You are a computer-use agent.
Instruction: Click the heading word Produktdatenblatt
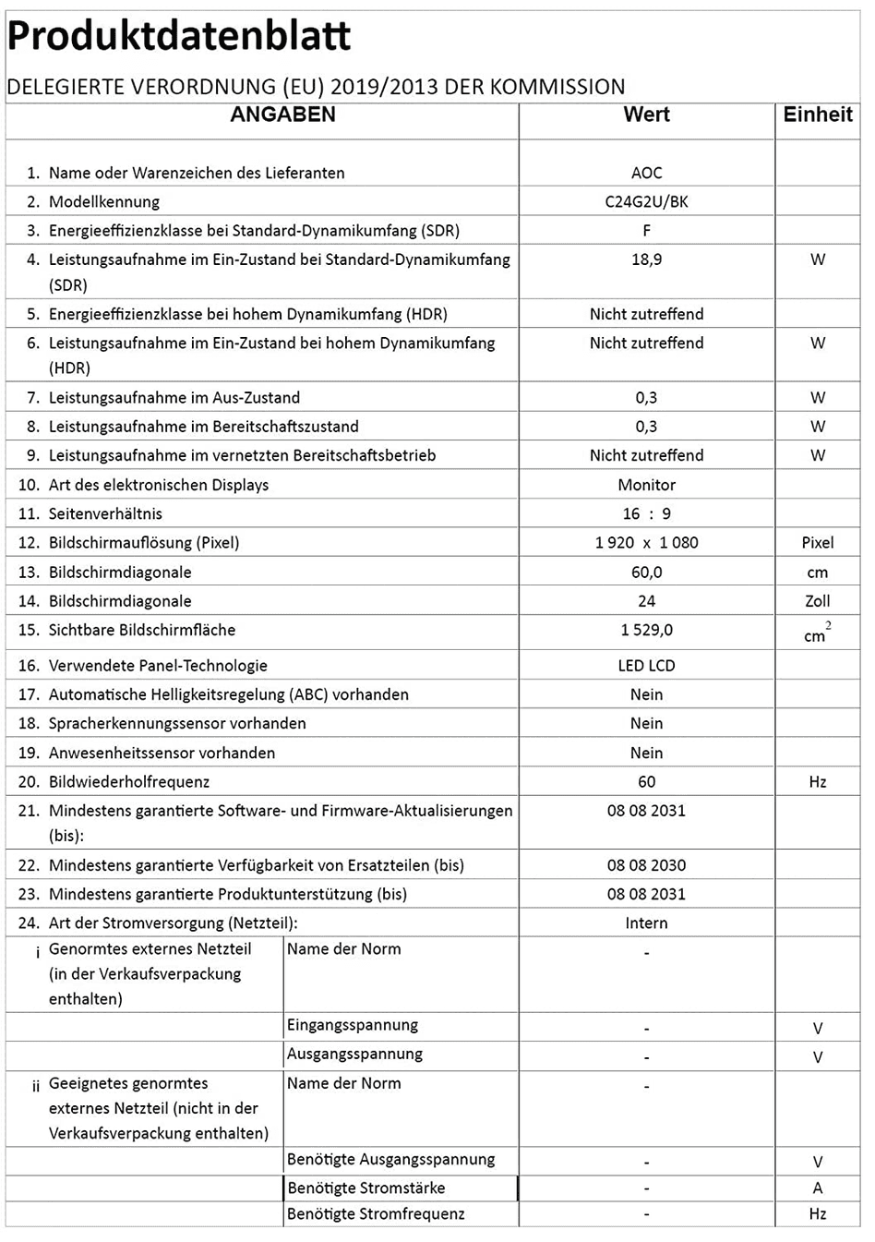point(179,37)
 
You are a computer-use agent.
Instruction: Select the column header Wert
point(646,115)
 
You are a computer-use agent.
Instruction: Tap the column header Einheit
point(818,115)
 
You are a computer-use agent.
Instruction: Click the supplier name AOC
point(646,173)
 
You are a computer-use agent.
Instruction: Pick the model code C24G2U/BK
point(646,201)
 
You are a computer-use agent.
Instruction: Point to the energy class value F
point(646,231)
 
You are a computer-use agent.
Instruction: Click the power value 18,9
point(646,259)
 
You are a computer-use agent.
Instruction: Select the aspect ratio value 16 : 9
point(646,513)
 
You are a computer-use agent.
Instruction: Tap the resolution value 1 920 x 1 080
point(646,543)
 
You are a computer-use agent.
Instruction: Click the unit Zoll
point(818,601)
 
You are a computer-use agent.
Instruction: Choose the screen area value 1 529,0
point(646,630)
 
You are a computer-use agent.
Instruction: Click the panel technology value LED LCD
point(646,666)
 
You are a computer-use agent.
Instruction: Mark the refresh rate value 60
point(646,782)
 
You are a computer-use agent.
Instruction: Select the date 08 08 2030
point(646,865)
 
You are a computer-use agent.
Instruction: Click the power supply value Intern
point(646,923)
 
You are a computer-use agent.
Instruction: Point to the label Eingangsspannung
point(352,1025)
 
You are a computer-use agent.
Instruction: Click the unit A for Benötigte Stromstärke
point(818,1188)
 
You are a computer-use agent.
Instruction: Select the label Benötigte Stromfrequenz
point(376,1214)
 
